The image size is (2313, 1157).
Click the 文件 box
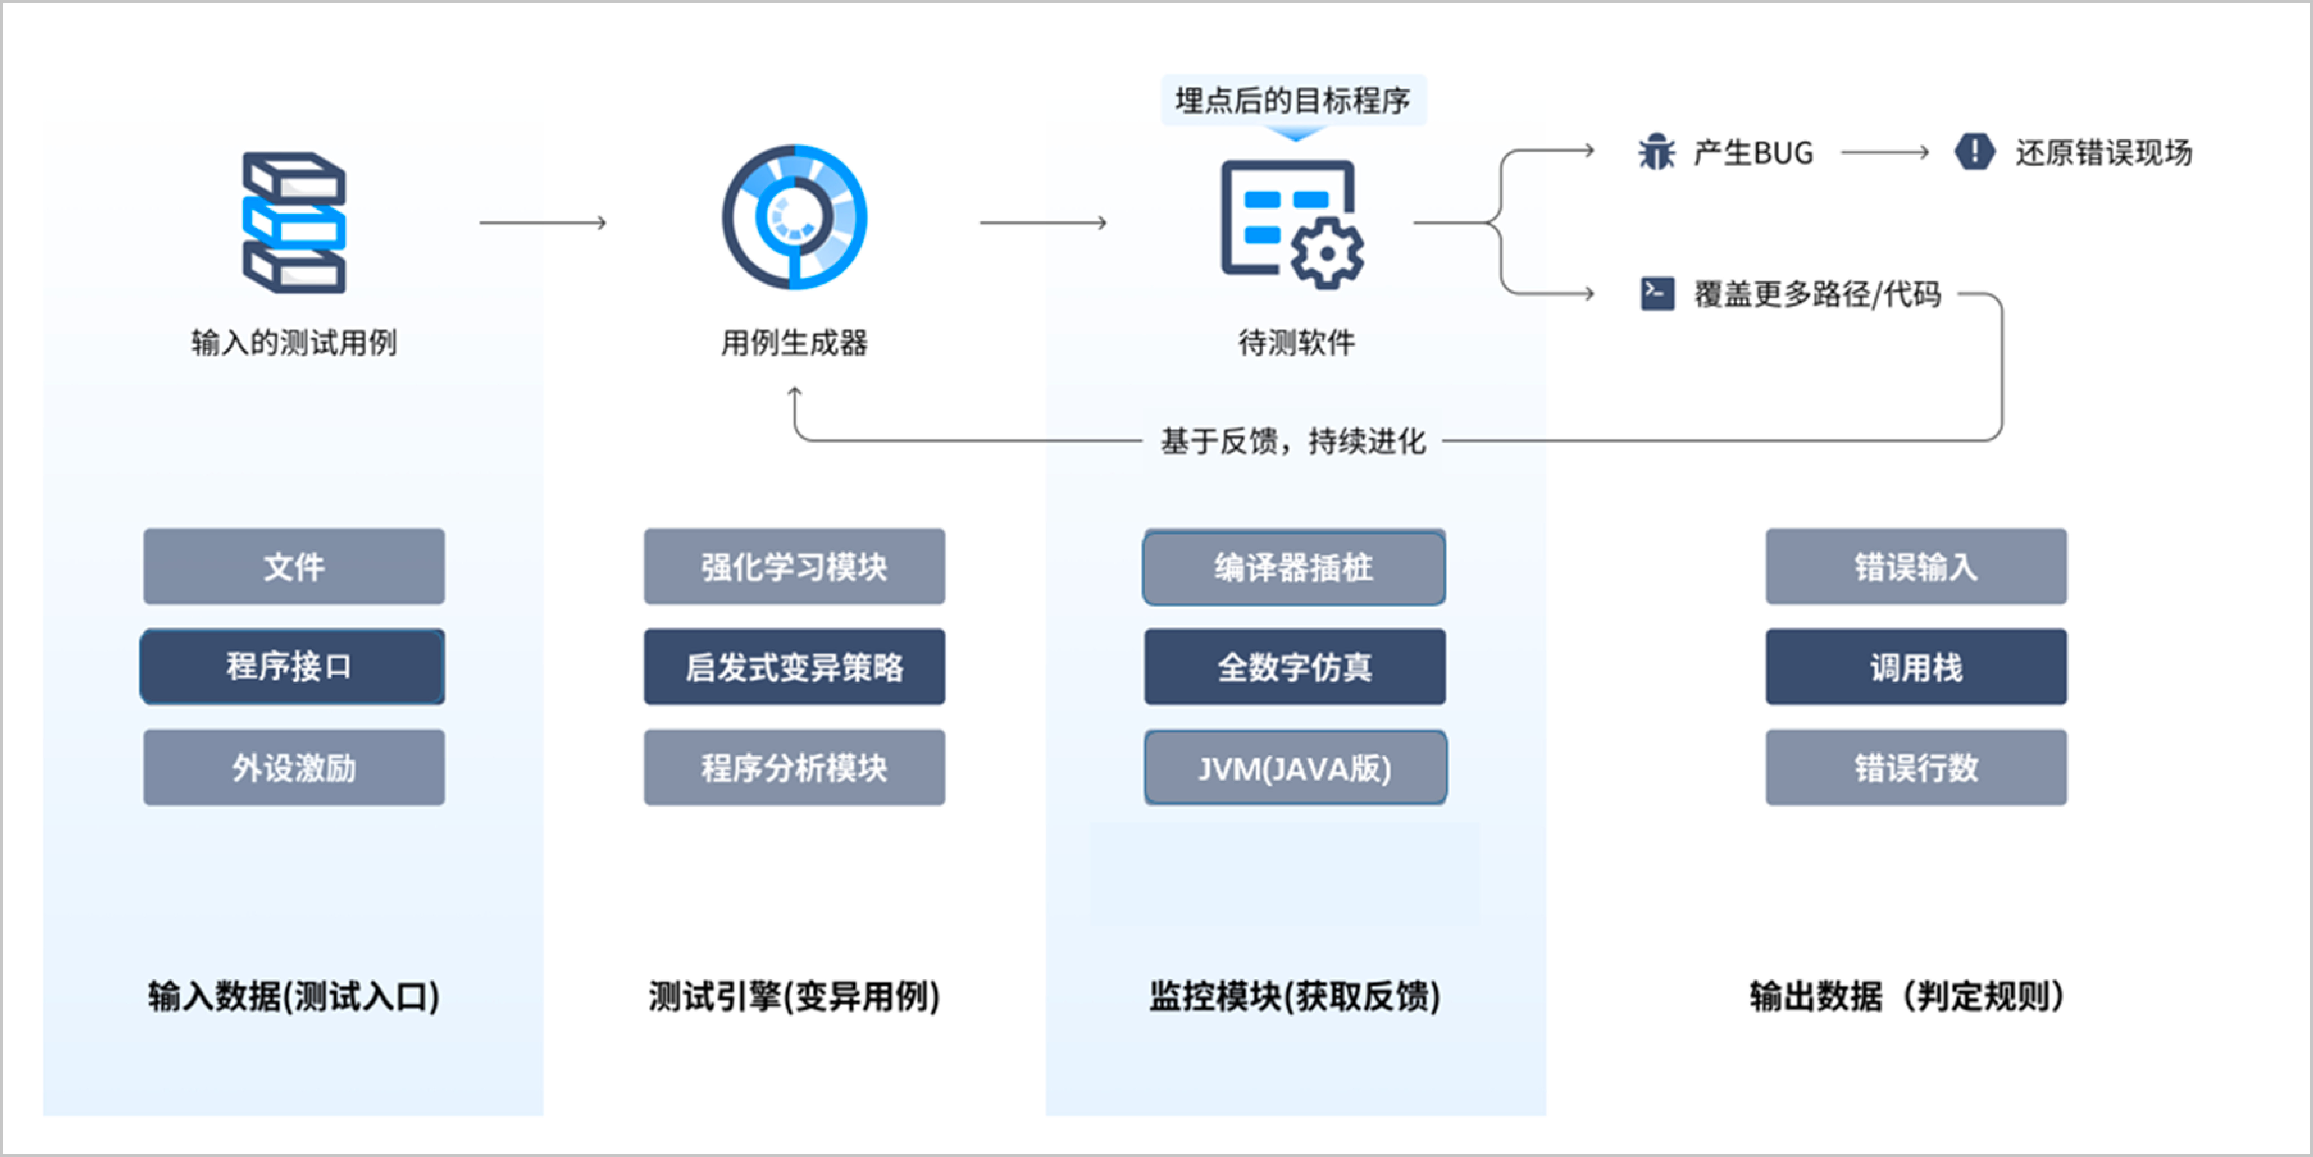tap(294, 566)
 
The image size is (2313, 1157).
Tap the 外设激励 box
tap(294, 767)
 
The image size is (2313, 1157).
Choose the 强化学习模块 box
tap(794, 566)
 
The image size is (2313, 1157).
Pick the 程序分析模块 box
tap(794, 767)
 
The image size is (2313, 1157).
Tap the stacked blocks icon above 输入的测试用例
tap(294, 223)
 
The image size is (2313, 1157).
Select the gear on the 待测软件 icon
tap(1327, 253)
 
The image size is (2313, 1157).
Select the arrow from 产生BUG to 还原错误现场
tap(1884, 153)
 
